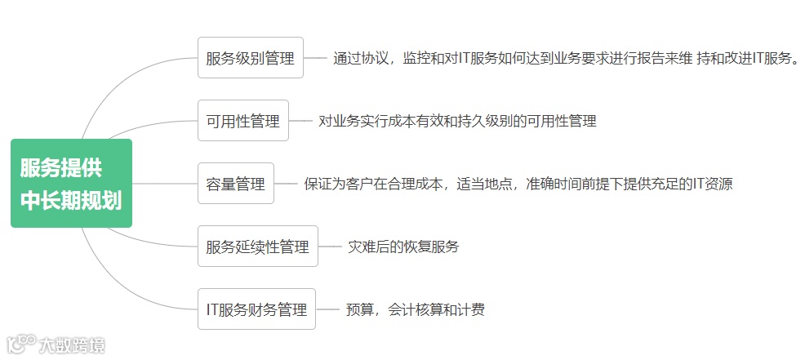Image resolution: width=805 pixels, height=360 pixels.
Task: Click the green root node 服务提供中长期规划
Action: pyautogui.click(x=71, y=184)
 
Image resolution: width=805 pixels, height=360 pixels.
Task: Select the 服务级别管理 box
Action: pyautogui.click(x=251, y=58)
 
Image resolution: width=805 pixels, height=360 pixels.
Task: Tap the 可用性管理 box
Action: pyautogui.click(x=243, y=121)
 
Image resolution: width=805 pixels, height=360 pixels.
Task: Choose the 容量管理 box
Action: pyautogui.click(x=236, y=184)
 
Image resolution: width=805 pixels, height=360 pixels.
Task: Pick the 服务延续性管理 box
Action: pyautogui.click(x=258, y=247)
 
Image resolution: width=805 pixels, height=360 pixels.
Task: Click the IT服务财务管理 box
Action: pyautogui.click(x=257, y=309)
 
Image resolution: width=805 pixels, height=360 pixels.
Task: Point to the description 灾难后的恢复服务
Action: pyautogui.click(x=403, y=247)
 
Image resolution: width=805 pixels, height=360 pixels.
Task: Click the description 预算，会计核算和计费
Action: pyautogui.click(x=416, y=309)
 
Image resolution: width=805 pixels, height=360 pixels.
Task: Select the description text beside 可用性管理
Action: pyautogui.click(x=457, y=121)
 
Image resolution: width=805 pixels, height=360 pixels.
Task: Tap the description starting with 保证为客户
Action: pyautogui.click(x=519, y=184)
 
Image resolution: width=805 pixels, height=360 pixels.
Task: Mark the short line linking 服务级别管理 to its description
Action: pyautogui.click(x=315, y=59)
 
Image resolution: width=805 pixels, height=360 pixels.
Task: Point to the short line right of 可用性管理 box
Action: pyautogui.click(x=301, y=121)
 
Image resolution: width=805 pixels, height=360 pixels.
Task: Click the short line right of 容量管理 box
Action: pyautogui.click(x=286, y=184)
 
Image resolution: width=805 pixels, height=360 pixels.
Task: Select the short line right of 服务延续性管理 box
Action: pyautogui.click(x=330, y=247)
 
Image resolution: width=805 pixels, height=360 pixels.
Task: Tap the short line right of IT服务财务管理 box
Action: pyautogui.click(x=327, y=309)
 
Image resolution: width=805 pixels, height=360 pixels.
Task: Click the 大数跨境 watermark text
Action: pyautogui.click(x=72, y=345)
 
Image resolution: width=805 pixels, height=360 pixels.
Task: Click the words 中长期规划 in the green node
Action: pyautogui.click(x=71, y=201)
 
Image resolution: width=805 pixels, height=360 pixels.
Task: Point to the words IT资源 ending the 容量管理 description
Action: pyautogui.click(x=712, y=184)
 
